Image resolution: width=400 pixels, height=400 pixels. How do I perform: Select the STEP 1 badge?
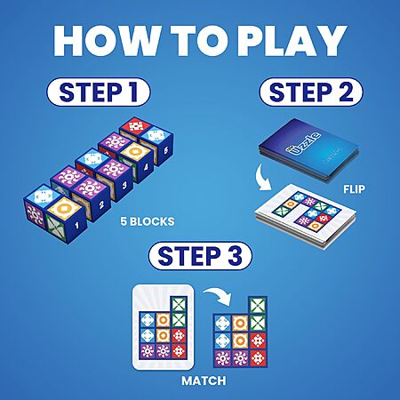(x=99, y=92)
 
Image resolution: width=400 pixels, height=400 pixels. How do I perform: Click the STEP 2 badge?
(x=311, y=92)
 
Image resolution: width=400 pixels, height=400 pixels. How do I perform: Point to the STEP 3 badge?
(x=200, y=256)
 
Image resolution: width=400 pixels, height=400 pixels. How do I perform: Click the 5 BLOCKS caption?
(x=148, y=221)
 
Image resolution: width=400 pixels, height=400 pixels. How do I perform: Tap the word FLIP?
(x=354, y=189)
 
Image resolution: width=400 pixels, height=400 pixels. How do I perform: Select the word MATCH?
(x=204, y=380)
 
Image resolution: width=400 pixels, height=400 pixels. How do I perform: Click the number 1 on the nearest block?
(x=77, y=226)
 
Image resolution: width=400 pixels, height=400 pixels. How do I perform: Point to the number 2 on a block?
(x=101, y=204)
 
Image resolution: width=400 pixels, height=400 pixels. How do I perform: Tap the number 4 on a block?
(x=146, y=168)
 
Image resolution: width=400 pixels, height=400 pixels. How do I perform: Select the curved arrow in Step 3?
(x=218, y=295)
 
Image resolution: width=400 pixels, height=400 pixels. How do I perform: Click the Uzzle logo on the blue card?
(x=303, y=143)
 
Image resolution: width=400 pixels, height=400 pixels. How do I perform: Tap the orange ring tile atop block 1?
(x=64, y=208)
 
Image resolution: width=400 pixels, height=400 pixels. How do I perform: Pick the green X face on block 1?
(x=57, y=227)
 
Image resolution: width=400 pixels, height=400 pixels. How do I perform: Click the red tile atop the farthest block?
(x=136, y=126)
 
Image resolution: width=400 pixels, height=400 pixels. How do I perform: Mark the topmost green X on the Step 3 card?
(x=179, y=304)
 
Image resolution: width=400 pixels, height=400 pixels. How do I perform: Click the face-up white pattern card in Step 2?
(x=305, y=216)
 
